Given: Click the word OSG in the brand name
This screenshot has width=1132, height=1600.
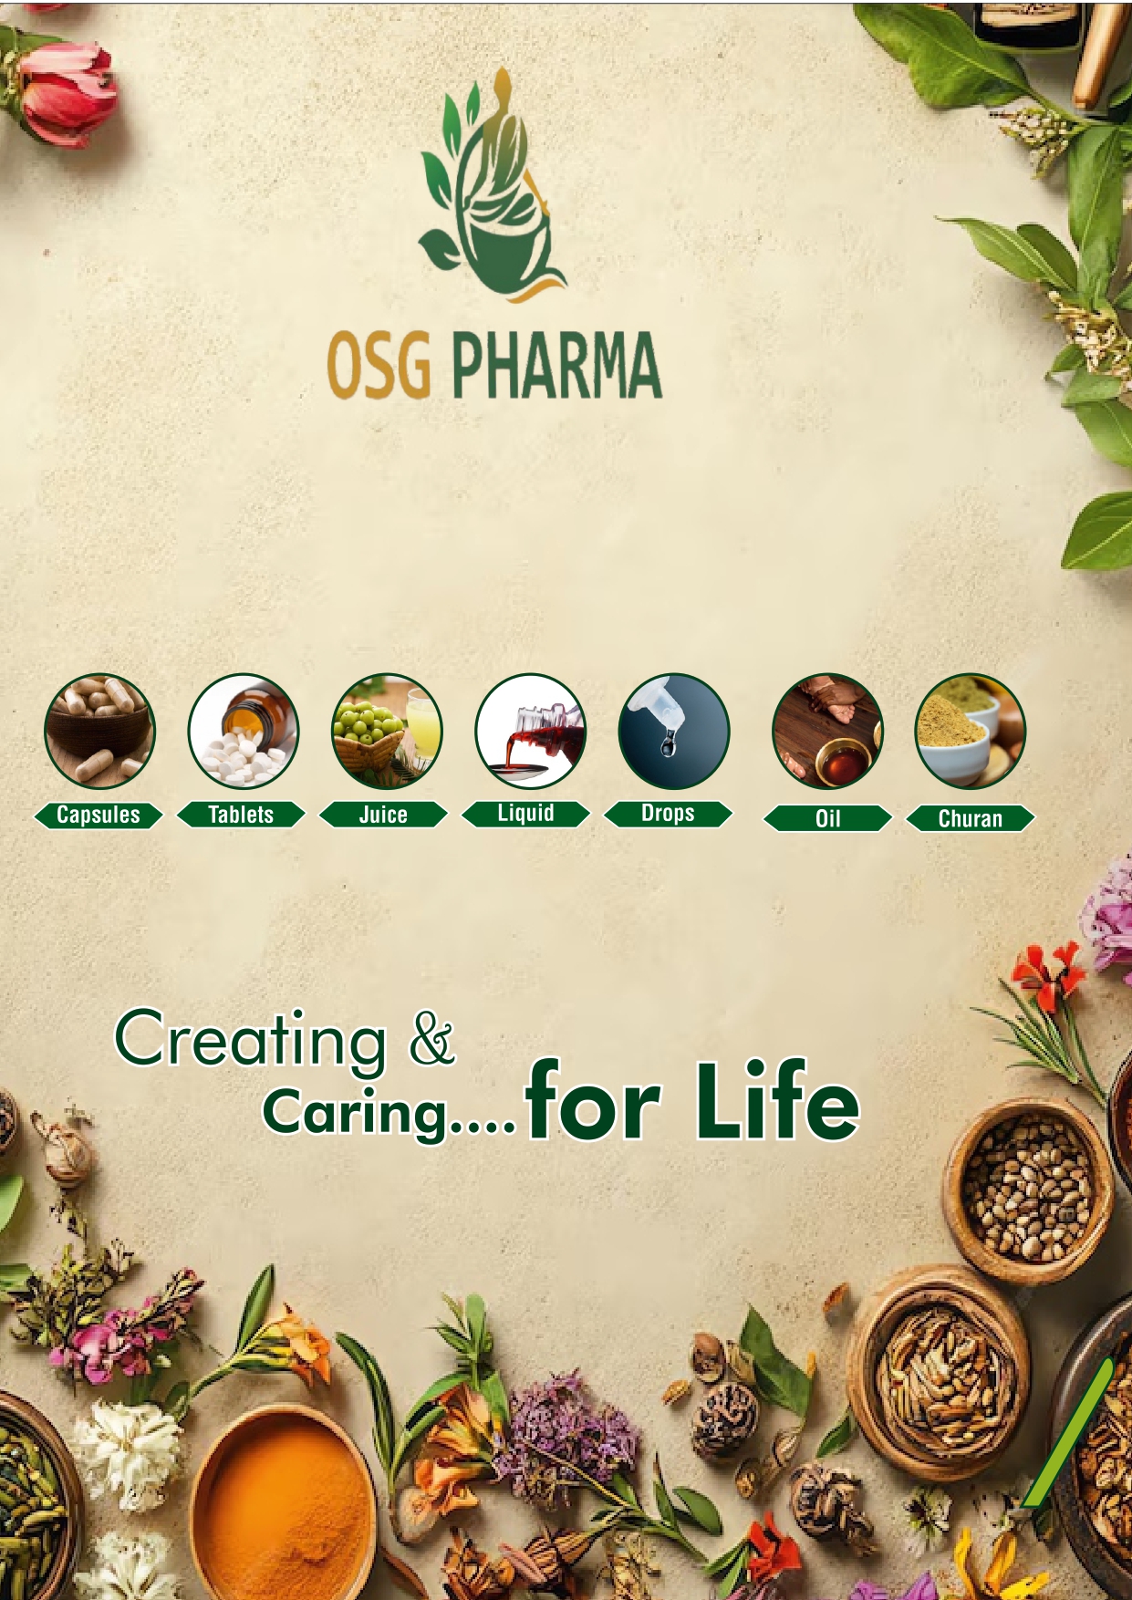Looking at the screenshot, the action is pyautogui.click(x=379, y=366).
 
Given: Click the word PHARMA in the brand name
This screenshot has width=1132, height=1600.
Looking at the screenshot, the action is pyautogui.click(x=556, y=366).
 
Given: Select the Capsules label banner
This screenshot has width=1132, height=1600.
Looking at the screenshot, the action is pyautogui.click(x=99, y=815).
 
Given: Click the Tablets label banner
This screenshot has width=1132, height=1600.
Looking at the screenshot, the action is pyautogui.click(x=241, y=815).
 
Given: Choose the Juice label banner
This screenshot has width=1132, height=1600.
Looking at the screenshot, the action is pyautogui.click(x=383, y=815).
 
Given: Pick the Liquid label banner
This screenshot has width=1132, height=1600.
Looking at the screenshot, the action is pyautogui.click(x=525, y=813).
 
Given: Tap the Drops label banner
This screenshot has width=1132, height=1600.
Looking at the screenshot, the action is pyautogui.click(x=668, y=813).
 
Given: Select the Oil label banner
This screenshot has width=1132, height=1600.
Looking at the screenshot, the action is pyautogui.click(x=827, y=818).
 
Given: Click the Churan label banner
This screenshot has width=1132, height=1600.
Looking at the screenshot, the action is pyautogui.click(x=971, y=818).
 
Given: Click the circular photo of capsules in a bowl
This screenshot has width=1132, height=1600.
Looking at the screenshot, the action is pyautogui.click(x=99, y=732).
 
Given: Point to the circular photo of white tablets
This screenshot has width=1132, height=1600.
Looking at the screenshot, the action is pyautogui.click(x=243, y=732).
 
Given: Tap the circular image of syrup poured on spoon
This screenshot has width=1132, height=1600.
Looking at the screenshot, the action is pyautogui.click(x=530, y=732).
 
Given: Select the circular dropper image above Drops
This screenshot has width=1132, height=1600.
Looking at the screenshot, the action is pyautogui.click(x=674, y=732).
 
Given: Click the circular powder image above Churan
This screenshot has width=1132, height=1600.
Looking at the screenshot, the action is pyautogui.click(x=970, y=732).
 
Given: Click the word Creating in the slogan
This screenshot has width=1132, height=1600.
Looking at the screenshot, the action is pyautogui.click(x=251, y=1039).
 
